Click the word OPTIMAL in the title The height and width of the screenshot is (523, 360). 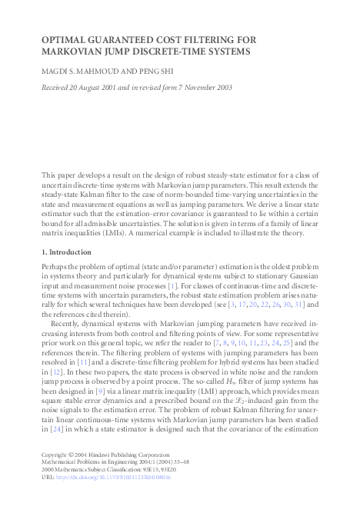coord(66,39)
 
